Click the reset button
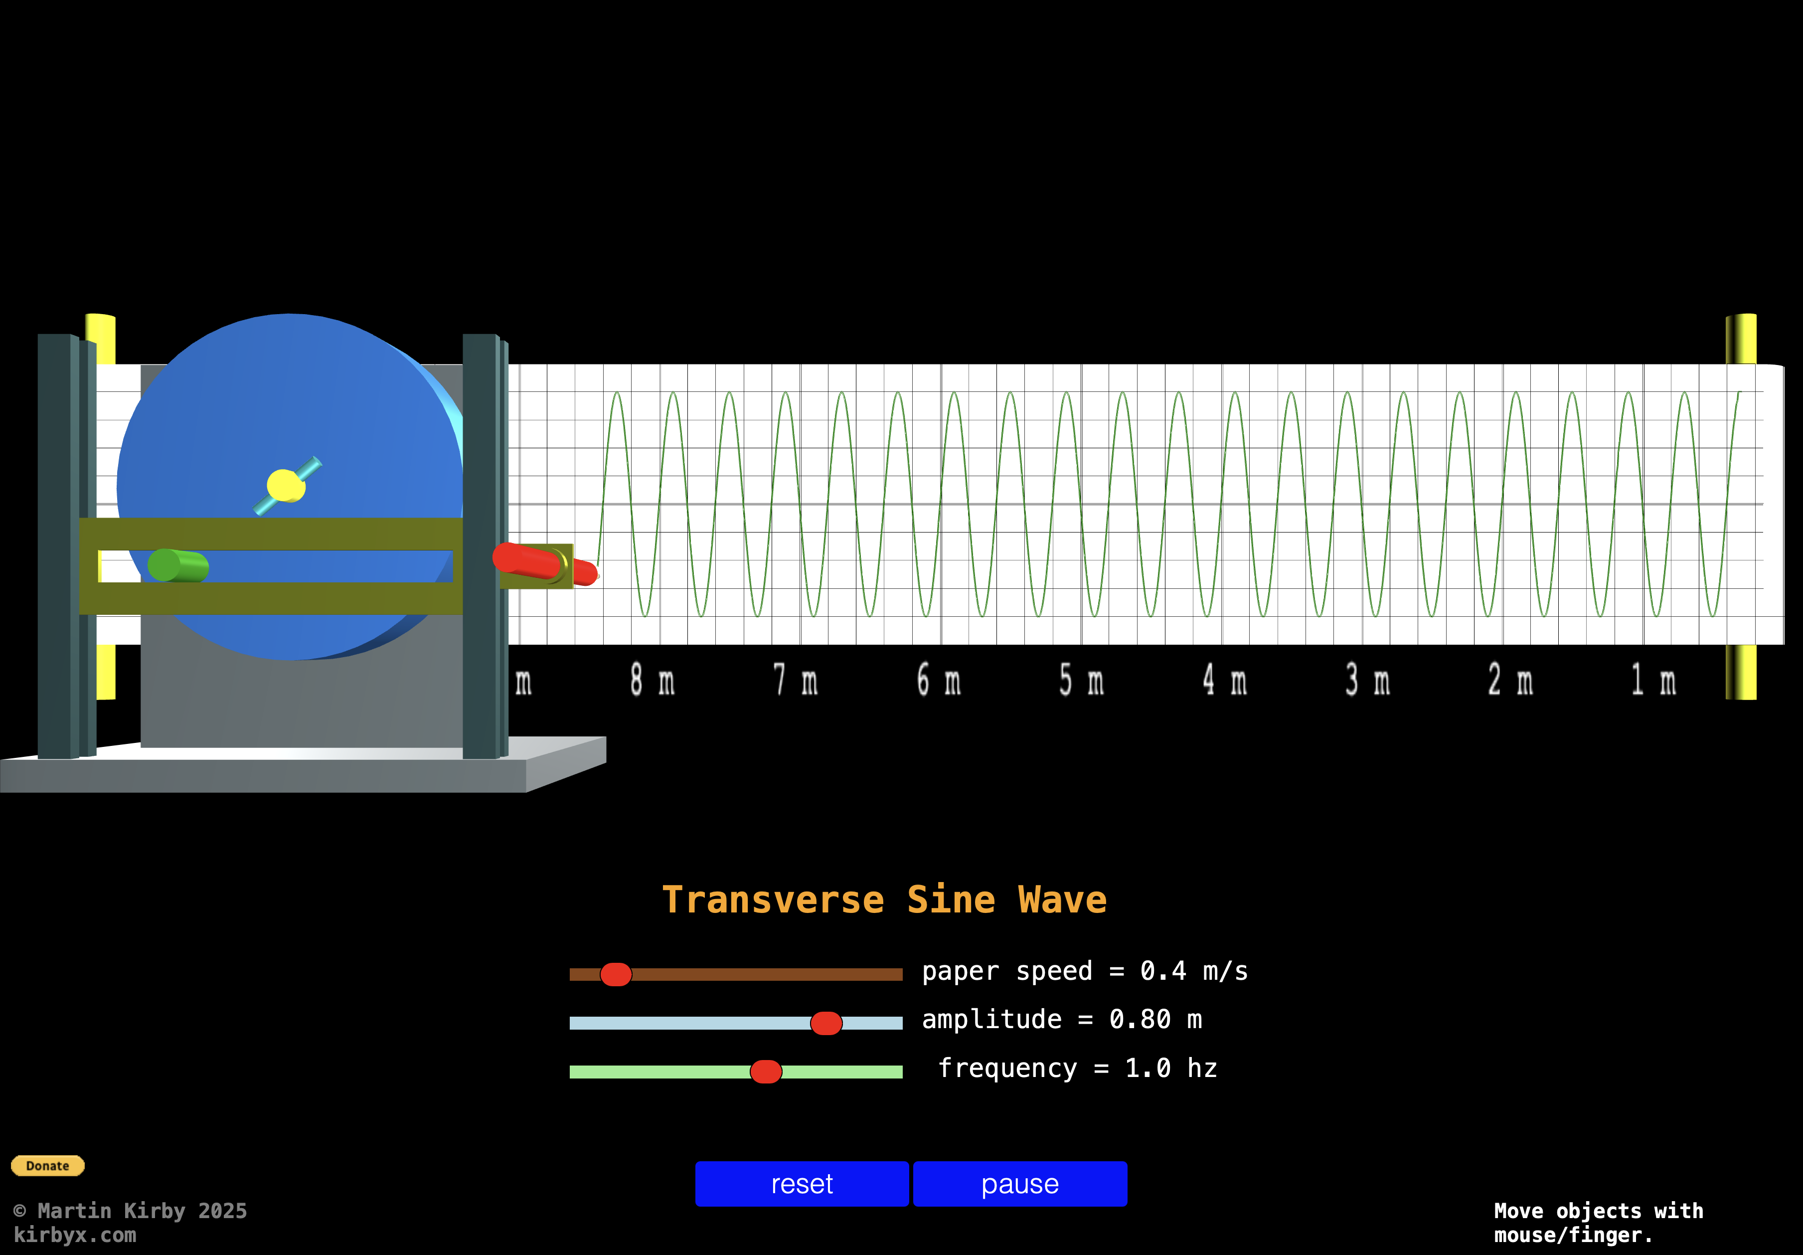(801, 1184)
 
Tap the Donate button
(48, 1165)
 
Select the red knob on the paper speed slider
(616, 975)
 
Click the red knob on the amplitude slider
(826, 1023)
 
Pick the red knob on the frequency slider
(766, 1071)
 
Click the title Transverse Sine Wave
(884, 900)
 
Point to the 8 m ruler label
(652, 680)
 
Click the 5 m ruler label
(1081, 680)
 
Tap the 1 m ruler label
(1653, 680)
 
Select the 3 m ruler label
(1367, 680)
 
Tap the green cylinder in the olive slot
(178, 565)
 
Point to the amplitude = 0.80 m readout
(1062, 1019)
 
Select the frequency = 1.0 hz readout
(1077, 1068)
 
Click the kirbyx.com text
(75, 1235)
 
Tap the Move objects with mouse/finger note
(1598, 1223)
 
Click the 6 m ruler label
(939, 680)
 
